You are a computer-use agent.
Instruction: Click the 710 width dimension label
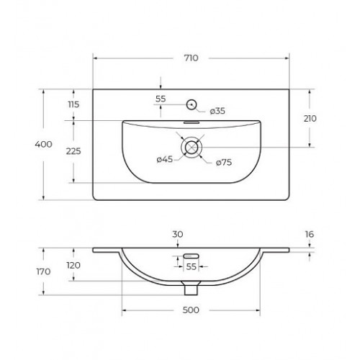coord(192,58)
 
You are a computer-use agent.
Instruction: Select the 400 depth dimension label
coord(43,144)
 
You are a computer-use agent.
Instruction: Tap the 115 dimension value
coord(73,104)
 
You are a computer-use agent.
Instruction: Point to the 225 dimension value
coord(73,151)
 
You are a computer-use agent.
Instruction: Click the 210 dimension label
coord(310,119)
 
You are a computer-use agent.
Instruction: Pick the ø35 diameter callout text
coord(217,111)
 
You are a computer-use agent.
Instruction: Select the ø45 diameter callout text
coord(165,159)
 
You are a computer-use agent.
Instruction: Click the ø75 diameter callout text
coord(224,163)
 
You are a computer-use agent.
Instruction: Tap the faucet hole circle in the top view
coord(192,104)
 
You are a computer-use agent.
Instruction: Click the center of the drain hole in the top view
coord(192,148)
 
